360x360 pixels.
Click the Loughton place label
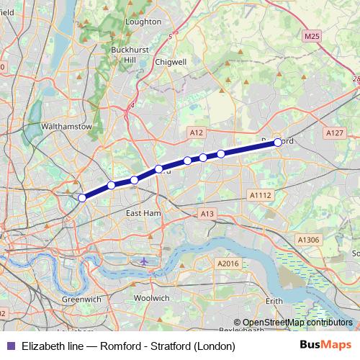coord(143,22)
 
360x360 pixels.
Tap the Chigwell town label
coord(170,63)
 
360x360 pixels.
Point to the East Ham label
coord(143,214)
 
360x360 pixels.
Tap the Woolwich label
coord(151,297)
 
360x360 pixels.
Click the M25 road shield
coord(312,36)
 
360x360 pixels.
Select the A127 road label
coord(334,132)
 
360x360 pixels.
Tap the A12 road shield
coord(197,132)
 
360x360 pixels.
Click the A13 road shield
coord(208,214)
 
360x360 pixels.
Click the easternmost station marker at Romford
coord(278,143)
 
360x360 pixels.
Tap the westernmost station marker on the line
coord(82,197)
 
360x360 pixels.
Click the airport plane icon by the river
coord(145,261)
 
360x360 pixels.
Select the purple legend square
coord(10,346)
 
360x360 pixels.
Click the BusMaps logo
coord(325,346)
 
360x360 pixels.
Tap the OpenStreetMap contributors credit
coord(297,323)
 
